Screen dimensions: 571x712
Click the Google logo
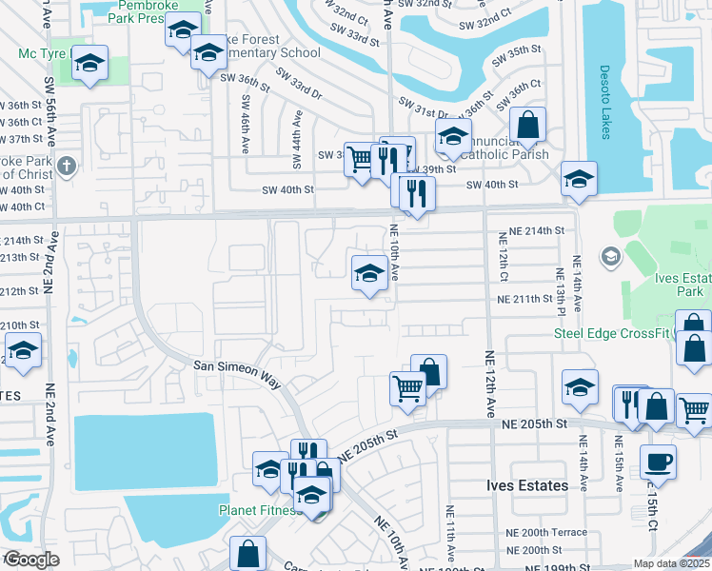[31, 560]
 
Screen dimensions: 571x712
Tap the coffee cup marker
[658, 463]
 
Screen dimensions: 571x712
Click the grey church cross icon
[66, 167]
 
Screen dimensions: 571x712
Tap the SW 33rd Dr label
[299, 85]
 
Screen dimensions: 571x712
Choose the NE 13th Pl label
[561, 290]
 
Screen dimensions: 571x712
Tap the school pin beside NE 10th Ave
[369, 274]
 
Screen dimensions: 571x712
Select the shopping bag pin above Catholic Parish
[527, 126]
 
